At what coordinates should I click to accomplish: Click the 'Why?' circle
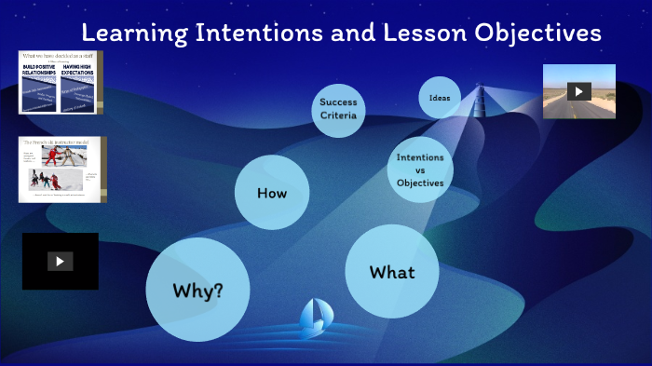point(197,290)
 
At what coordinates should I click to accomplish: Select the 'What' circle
point(391,272)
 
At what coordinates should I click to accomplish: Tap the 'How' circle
point(271,193)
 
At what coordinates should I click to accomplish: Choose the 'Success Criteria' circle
point(337,108)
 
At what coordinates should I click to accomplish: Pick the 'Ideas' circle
point(440,98)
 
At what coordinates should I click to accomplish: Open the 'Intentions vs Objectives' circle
point(420,169)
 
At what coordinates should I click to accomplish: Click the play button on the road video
point(578,91)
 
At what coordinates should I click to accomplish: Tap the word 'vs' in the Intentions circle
point(420,169)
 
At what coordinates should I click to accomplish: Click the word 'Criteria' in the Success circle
point(337,115)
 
